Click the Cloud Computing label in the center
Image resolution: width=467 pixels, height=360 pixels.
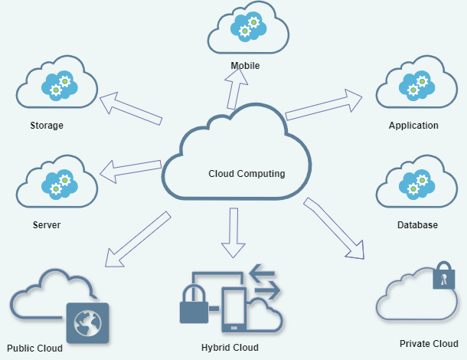tap(247, 174)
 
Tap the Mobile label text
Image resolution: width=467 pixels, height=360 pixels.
tap(245, 66)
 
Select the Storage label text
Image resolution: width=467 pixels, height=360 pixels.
tap(47, 126)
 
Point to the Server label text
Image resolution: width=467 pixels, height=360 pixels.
tap(47, 225)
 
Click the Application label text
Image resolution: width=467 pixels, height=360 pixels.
tap(413, 126)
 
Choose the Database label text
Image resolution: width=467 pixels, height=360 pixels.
tap(417, 225)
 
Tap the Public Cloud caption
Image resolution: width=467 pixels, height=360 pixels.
tap(34, 348)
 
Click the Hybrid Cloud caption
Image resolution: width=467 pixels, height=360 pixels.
tap(230, 348)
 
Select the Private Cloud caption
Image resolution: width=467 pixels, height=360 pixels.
tap(429, 344)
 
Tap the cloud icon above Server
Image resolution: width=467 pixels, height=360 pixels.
tap(57, 182)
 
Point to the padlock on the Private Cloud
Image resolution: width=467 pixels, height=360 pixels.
tap(443, 277)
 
